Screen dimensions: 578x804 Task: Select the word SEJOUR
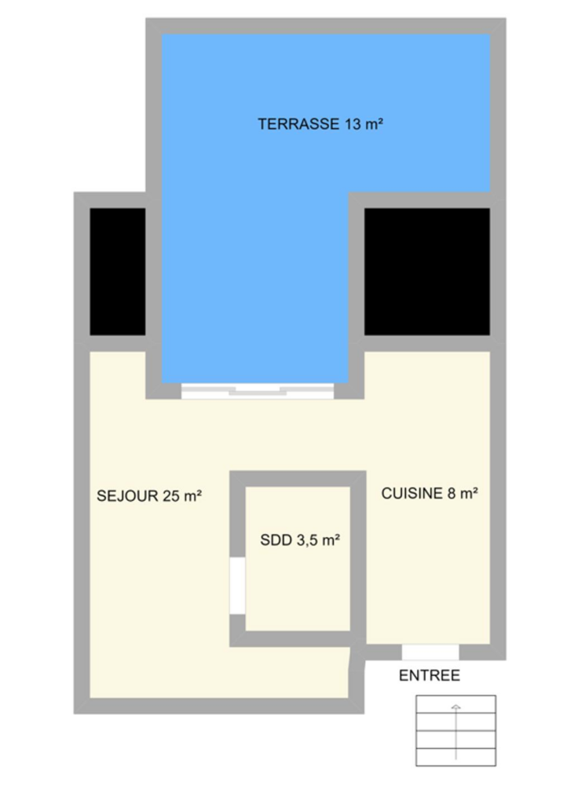click(x=127, y=496)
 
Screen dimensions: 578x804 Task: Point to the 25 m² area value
click(x=182, y=496)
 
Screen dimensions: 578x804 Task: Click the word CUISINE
click(x=412, y=493)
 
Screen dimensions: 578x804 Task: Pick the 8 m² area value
click(x=463, y=493)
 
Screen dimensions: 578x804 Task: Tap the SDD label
click(x=276, y=540)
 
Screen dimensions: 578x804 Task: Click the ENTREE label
click(x=430, y=676)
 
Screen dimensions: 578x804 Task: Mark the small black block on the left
click(x=118, y=272)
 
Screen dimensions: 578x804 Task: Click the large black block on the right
click(x=427, y=272)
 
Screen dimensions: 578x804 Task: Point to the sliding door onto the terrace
click(x=258, y=391)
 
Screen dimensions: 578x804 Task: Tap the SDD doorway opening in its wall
click(x=237, y=586)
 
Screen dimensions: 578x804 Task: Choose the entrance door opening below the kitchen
click(x=430, y=652)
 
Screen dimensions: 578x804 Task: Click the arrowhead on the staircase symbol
click(x=455, y=707)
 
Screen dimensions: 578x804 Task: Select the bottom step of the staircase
click(x=456, y=758)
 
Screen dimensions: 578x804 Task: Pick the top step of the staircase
click(x=456, y=704)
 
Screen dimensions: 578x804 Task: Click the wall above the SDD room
click(x=298, y=479)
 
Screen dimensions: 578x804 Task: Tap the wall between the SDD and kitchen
click(x=358, y=559)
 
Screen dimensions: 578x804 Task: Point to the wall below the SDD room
click(x=298, y=639)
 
